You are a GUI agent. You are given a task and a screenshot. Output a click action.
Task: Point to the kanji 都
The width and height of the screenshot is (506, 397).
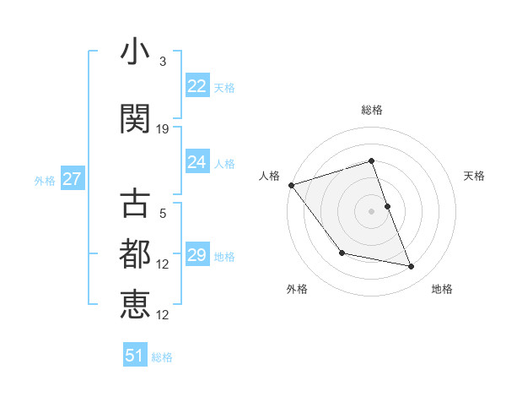(135, 254)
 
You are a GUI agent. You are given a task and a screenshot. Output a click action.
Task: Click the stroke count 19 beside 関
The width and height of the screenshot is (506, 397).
(163, 128)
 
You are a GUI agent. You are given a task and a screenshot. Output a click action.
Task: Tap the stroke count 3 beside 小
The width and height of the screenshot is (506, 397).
(163, 62)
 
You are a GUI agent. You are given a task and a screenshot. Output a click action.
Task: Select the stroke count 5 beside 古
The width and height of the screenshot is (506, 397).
(163, 214)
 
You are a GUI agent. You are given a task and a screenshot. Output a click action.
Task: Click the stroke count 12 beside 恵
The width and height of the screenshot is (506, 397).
(163, 314)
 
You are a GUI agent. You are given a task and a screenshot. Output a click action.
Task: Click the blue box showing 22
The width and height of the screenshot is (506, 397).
(196, 86)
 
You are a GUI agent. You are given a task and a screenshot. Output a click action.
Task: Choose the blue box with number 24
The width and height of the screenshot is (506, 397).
(196, 162)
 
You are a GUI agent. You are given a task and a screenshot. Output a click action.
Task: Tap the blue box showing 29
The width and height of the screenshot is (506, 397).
(196, 255)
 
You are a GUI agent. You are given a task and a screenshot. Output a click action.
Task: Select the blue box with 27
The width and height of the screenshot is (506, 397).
(72, 179)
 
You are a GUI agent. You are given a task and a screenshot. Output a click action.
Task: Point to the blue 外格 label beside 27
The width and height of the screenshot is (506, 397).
(45, 180)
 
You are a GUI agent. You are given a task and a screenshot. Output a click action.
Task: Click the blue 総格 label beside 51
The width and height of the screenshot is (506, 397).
(162, 357)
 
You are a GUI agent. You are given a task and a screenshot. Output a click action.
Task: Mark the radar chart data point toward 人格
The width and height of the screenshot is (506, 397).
(291, 185)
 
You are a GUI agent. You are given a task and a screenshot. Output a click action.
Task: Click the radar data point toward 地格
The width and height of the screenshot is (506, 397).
(412, 267)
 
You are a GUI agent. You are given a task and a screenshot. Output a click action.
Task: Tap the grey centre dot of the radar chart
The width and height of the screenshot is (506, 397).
(371, 211)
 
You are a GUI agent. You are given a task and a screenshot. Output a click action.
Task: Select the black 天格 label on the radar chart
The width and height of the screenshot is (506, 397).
(474, 176)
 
